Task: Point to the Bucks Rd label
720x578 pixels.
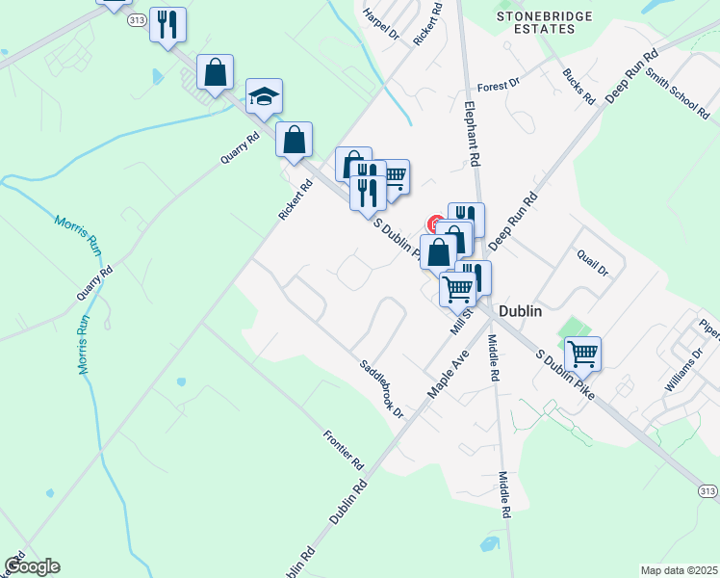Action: click(x=579, y=87)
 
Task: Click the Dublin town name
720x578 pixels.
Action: click(x=521, y=311)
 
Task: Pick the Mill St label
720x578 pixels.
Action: click(x=462, y=319)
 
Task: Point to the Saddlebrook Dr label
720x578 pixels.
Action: click(x=382, y=388)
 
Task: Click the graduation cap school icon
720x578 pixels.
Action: click(x=264, y=96)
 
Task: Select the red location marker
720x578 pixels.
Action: click(x=434, y=223)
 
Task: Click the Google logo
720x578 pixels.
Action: click(x=32, y=566)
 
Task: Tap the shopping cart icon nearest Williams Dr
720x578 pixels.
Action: click(x=582, y=354)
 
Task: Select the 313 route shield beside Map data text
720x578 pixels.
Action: click(x=707, y=491)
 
